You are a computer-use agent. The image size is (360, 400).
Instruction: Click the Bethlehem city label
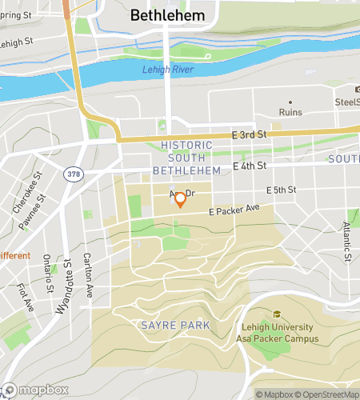click(x=167, y=15)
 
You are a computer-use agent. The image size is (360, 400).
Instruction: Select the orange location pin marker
click(x=181, y=199)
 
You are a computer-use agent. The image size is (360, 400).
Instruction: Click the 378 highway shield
click(x=73, y=174)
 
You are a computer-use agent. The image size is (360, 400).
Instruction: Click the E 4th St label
click(x=249, y=166)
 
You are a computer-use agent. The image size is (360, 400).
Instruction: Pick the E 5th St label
click(x=281, y=190)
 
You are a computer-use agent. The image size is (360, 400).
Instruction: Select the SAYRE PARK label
click(x=175, y=325)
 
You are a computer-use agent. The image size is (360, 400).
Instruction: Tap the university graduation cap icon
click(x=277, y=314)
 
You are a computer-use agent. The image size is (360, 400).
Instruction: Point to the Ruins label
click(x=290, y=113)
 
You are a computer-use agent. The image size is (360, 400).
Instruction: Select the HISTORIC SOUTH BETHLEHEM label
click(x=186, y=158)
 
